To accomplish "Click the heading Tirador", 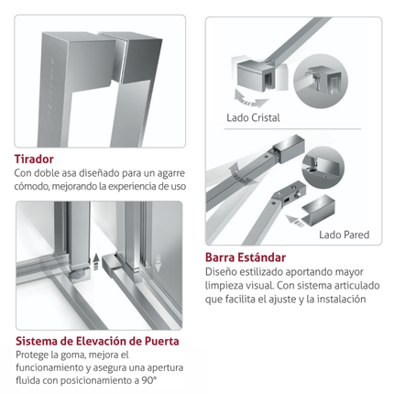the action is (34, 159).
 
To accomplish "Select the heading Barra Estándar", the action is (246, 257).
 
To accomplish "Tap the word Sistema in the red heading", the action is (37, 341).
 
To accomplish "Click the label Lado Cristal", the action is (253, 117).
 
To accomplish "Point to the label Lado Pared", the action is (345, 235).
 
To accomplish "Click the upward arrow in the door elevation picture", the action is (96, 261).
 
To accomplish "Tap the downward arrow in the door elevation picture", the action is (158, 263).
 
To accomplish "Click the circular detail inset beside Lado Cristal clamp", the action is (321, 81).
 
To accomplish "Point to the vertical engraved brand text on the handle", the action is (50, 89).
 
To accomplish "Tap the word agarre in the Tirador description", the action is (171, 173).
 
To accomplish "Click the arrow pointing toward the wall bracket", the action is (295, 221).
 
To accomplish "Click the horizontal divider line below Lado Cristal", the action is (292, 129).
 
